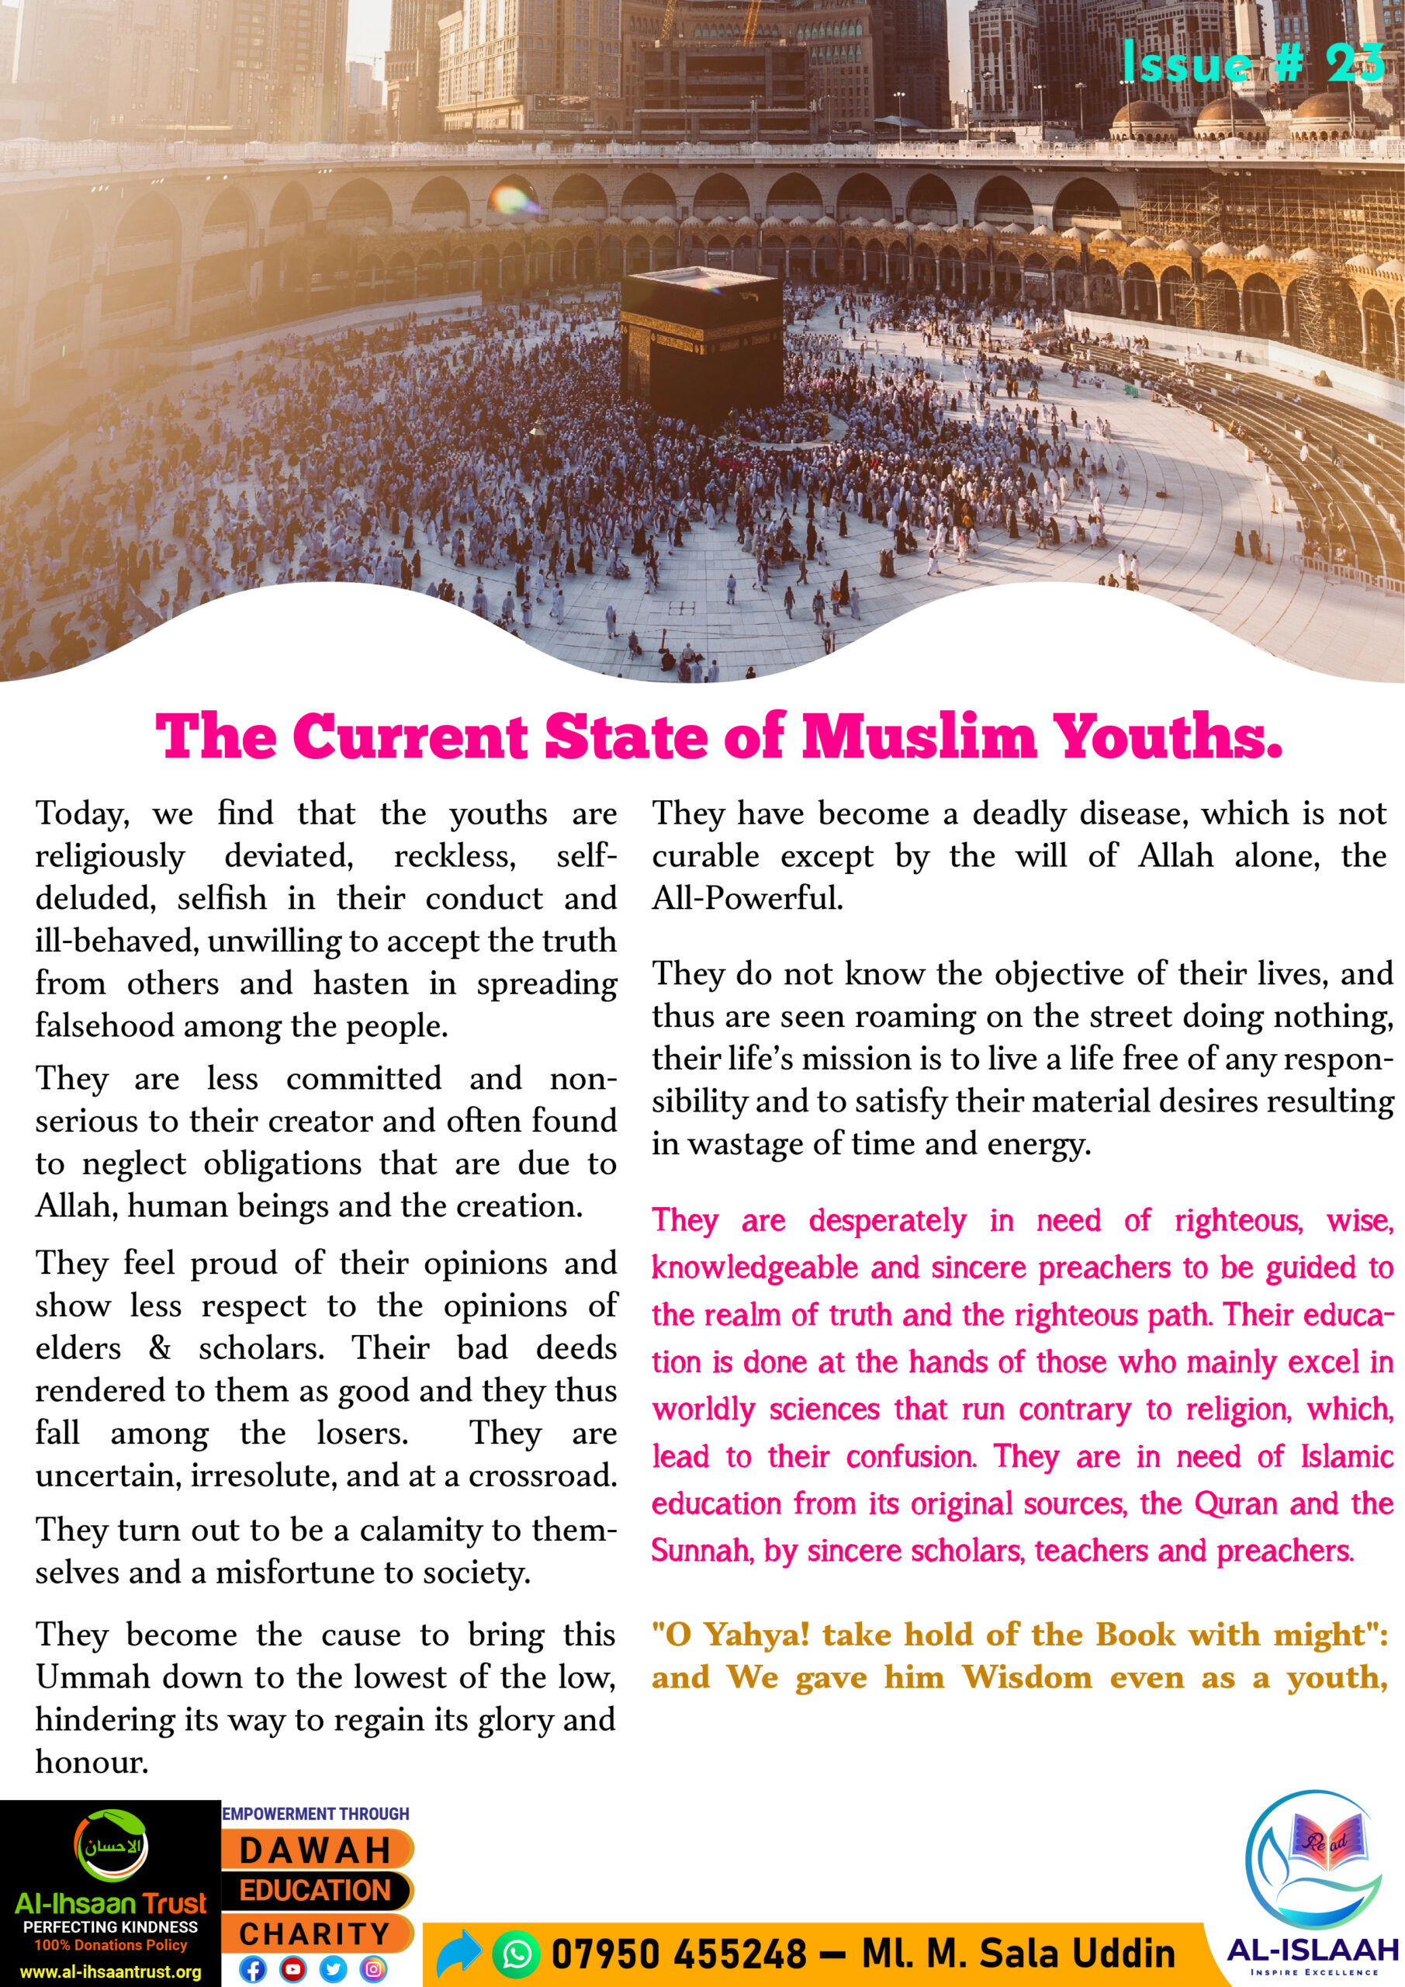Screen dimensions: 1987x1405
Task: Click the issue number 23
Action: [x=1355, y=63]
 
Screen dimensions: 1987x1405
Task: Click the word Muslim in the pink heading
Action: [x=919, y=737]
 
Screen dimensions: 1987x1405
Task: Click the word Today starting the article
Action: [x=81, y=814]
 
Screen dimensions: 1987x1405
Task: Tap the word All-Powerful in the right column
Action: [x=746, y=898]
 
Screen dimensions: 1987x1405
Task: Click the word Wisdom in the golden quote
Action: [x=1027, y=1677]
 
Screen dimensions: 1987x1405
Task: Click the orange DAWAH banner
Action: [x=316, y=1850]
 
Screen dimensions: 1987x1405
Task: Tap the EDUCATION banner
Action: [x=316, y=1891]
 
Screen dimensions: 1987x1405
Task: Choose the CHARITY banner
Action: [x=316, y=1933]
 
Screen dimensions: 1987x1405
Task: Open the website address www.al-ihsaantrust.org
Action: [x=110, y=1973]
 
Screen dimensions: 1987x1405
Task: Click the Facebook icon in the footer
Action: [x=252, y=1970]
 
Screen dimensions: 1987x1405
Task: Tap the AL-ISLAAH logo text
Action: [x=1313, y=1950]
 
